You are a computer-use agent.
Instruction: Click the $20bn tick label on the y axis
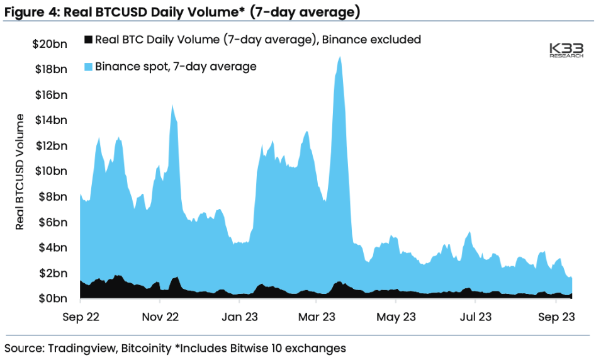[50, 43]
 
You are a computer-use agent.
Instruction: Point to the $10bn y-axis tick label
[50, 171]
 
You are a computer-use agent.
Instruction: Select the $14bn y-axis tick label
[50, 120]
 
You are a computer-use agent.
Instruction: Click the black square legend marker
[87, 40]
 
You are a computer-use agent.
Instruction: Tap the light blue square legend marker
[87, 66]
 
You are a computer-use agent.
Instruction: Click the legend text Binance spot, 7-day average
[176, 66]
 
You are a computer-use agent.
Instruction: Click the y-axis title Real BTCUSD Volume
[20, 171]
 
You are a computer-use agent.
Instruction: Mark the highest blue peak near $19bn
[340, 57]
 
